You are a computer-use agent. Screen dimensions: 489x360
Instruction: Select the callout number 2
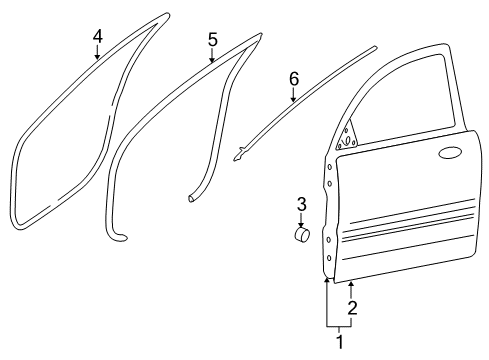coord(352,308)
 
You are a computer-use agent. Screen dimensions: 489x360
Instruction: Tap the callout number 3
coord(301,204)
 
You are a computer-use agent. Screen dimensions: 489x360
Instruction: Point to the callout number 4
coord(97,36)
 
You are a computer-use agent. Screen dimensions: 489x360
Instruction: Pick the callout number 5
coord(213,40)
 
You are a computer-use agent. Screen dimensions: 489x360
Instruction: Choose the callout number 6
coord(294,79)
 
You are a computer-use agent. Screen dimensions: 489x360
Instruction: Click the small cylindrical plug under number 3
coord(302,235)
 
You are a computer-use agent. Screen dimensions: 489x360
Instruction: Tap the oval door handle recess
coord(450,152)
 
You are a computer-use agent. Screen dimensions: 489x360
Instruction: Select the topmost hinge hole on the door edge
coord(329,167)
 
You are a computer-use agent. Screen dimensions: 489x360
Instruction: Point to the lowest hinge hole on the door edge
coord(329,258)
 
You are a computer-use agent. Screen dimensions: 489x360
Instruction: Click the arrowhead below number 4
coord(97,57)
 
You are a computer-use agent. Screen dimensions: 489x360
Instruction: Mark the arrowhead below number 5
coord(212,60)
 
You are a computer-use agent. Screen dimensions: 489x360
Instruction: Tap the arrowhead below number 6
coord(293,99)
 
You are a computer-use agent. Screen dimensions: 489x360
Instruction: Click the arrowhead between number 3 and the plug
coord(301,225)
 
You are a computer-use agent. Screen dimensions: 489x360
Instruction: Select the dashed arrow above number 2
coord(351,290)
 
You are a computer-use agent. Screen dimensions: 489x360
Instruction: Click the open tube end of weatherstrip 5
coord(191,198)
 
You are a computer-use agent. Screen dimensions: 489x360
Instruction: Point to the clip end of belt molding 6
coord(239,154)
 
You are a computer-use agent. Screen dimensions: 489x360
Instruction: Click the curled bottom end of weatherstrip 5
coord(119,236)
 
